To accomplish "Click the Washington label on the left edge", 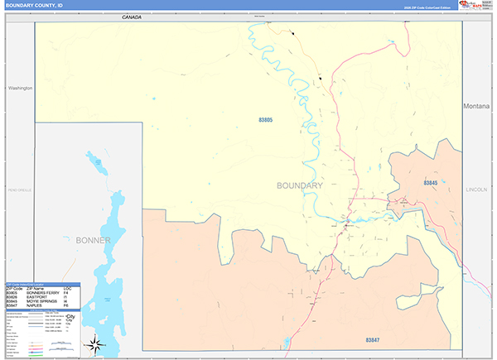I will click(x=19, y=87).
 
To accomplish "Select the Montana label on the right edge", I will click(x=477, y=107).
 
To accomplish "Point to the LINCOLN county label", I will click(x=476, y=190).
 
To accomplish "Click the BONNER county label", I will click(x=93, y=241).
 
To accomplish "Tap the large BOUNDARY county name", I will click(x=299, y=185).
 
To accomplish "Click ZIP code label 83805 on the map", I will click(x=265, y=121).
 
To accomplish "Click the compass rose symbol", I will click(x=95, y=343).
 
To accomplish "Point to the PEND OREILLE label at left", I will click(x=19, y=190).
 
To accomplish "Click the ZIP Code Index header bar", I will click(x=42, y=284).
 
